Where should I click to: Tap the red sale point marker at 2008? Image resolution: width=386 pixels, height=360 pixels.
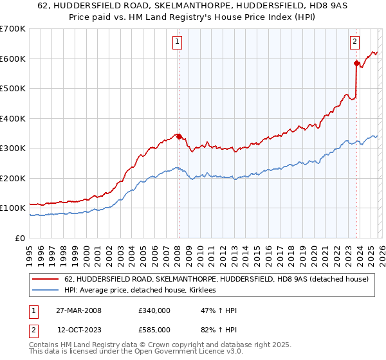tap(179, 136)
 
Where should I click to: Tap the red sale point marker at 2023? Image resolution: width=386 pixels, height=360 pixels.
tap(356, 63)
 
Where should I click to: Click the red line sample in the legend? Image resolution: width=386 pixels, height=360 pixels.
tap(46, 279)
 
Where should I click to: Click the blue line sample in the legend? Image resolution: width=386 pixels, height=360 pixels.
tap(46, 291)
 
